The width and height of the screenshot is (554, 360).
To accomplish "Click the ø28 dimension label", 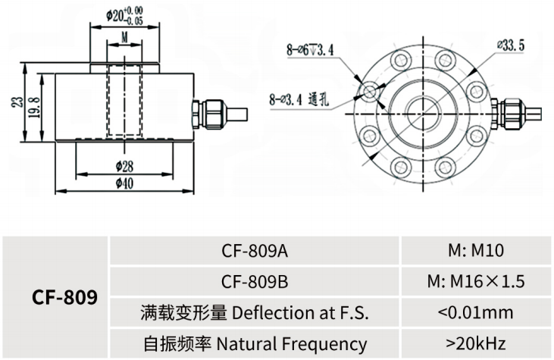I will click(x=125, y=165).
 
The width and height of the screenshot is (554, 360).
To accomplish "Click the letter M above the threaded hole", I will click(x=124, y=37).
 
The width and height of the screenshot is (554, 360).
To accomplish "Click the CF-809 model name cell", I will click(x=65, y=297).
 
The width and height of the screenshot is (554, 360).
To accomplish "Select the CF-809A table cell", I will click(x=255, y=251).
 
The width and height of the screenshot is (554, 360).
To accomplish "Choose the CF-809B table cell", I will click(x=255, y=281).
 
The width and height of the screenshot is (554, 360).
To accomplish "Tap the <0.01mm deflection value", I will click(x=476, y=311).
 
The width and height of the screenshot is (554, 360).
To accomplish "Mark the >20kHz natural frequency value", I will click(x=476, y=343).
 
